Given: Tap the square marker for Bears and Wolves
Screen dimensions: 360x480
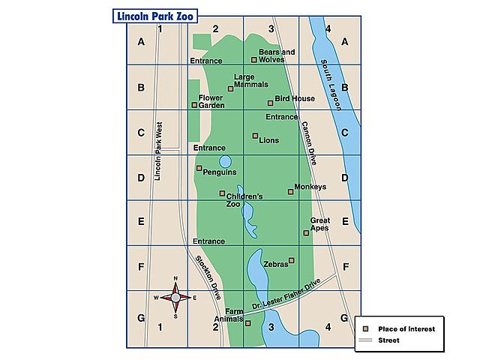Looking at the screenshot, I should [254, 59].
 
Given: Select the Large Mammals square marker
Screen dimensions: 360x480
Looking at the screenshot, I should [231, 89].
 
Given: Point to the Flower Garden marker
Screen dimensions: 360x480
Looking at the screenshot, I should [194, 105].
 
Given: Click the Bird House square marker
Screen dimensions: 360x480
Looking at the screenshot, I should [270, 103].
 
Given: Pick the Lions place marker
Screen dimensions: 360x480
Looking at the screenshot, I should [255, 136].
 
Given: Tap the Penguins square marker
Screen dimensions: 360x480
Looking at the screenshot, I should [199, 168].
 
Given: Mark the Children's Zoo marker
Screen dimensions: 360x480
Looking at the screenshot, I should [222, 193].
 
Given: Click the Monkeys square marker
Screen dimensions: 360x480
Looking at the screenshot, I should [291, 191].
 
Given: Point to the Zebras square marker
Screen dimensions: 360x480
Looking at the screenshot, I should [292, 260].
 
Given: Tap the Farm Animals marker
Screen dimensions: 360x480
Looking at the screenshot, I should [248, 323].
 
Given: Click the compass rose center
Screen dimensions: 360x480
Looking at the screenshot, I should [175, 297].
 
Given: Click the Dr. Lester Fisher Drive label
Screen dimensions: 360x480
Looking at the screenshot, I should [286, 294].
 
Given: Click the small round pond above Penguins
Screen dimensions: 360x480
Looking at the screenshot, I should [225, 161].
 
